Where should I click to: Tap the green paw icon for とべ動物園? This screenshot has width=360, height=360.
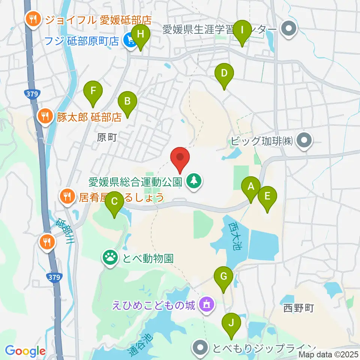[x=110, y=258]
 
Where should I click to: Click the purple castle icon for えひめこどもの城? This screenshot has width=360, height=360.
[x=207, y=304]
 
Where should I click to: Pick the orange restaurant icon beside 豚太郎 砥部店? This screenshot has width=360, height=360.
[x=45, y=117]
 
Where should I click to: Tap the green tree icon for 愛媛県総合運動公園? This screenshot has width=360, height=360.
[x=194, y=182]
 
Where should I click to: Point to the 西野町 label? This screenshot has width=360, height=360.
[x=298, y=309]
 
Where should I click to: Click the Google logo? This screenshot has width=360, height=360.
[x=25, y=351]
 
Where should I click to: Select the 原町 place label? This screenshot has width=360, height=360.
[x=107, y=138]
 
